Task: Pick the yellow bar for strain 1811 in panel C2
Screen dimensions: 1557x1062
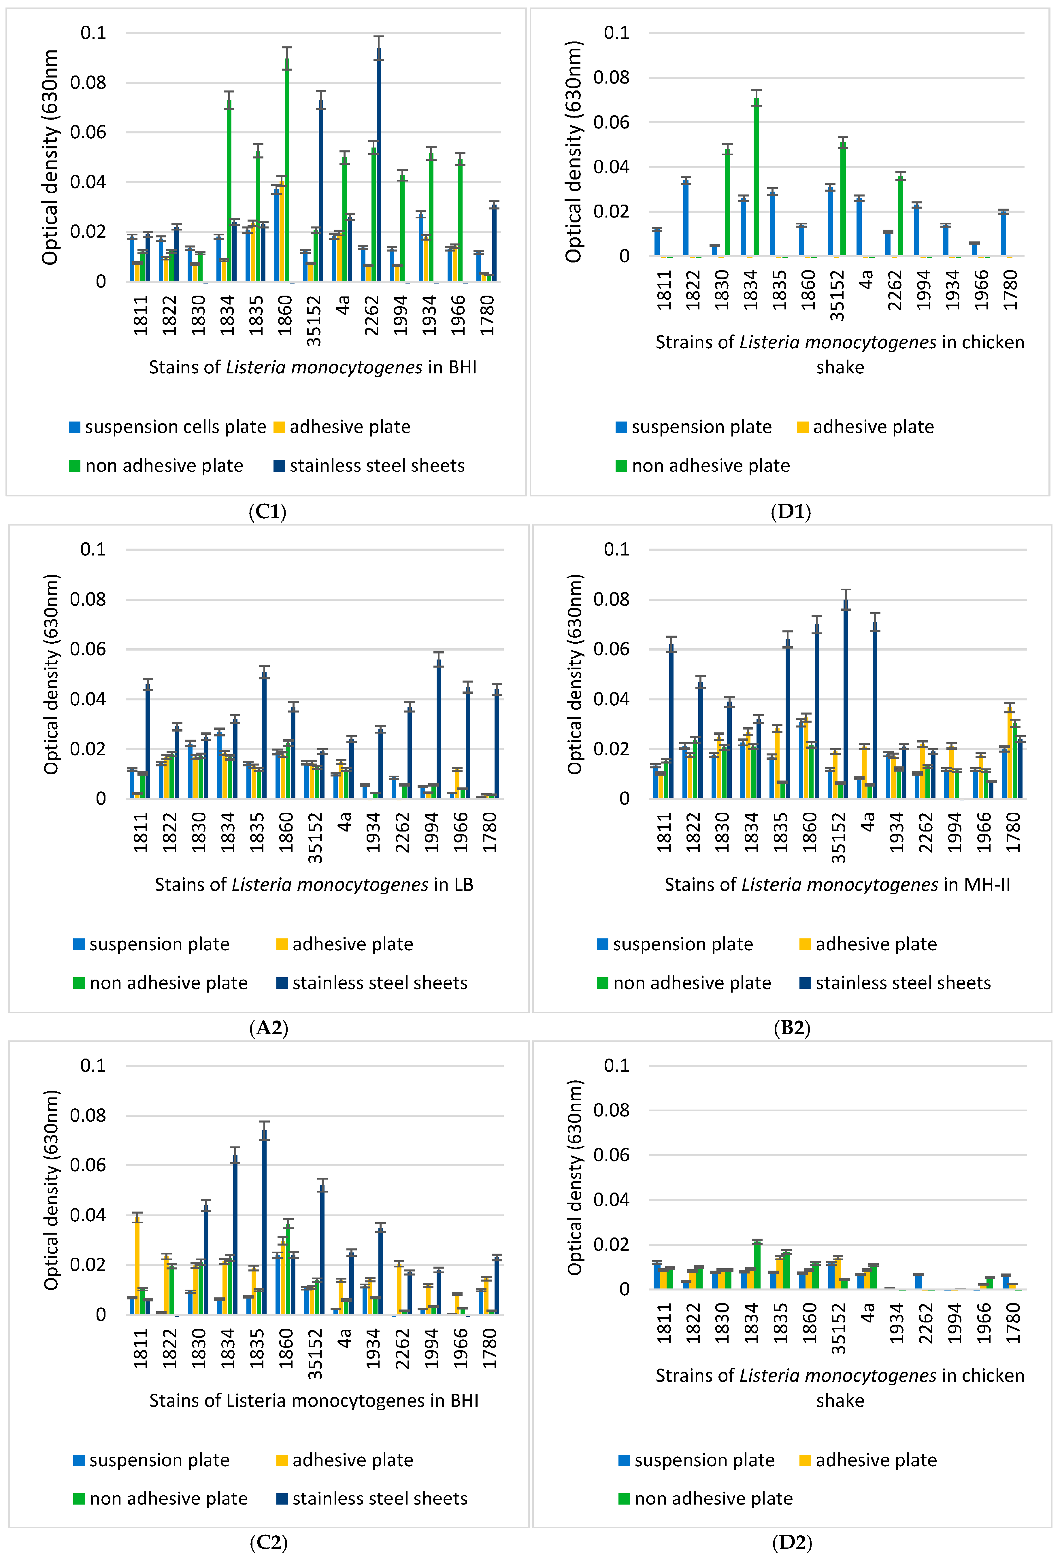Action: pos(137,1266)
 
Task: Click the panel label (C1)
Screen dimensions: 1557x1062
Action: pos(267,512)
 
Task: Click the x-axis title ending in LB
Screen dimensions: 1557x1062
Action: pos(314,885)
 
